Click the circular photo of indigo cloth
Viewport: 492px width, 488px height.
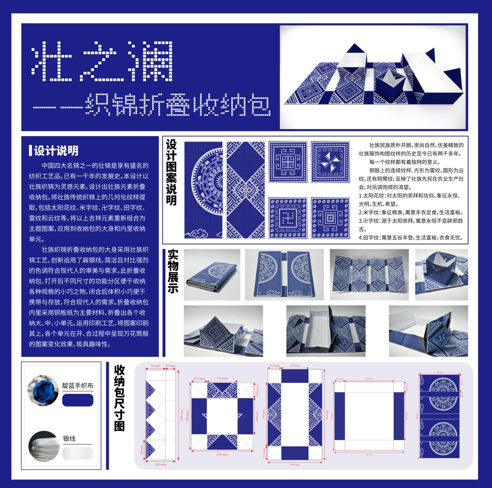pos(43,390)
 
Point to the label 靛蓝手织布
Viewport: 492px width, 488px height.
pos(78,386)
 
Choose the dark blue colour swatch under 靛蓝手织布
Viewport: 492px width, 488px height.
pos(78,400)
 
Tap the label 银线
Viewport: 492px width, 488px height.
pos(70,438)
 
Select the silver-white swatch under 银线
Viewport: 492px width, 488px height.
pos(78,453)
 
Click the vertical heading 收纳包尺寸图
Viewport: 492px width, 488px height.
pos(119,397)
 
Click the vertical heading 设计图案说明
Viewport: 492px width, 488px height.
pos(172,172)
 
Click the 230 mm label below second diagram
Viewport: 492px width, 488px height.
pos(223,455)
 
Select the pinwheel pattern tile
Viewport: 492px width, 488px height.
pos(330,162)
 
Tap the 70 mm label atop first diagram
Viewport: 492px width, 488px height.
pos(155,366)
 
